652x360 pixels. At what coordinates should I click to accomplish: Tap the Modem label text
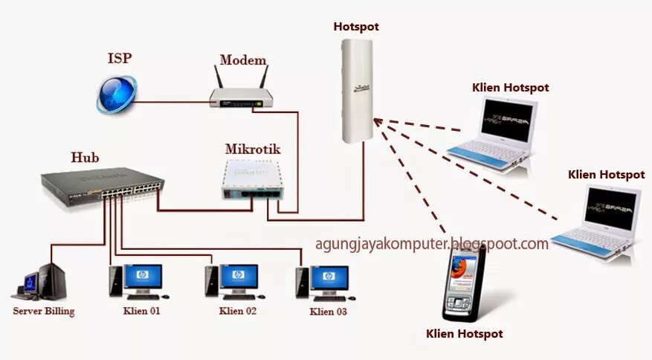point(242,61)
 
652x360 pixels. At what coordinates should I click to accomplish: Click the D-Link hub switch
point(103,184)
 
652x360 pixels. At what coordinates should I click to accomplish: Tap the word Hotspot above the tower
point(356,27)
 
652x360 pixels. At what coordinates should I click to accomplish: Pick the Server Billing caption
point(44,311)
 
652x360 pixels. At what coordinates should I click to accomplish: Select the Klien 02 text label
point(238,311)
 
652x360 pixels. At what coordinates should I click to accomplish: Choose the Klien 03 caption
point(328,312)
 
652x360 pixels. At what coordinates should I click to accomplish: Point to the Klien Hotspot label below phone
point(464,334)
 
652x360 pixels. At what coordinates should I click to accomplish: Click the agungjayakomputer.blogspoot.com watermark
point(432,243)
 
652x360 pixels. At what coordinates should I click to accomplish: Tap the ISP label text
point(120,58)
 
